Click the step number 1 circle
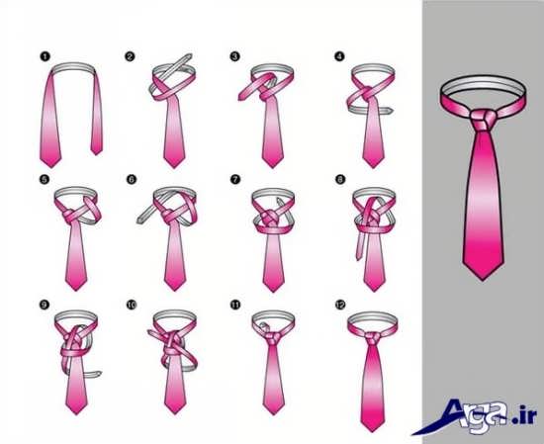point(45,56)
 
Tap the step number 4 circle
point(339,56)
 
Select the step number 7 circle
point(234,179)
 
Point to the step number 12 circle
point(340,305)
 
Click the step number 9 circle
point(45,305)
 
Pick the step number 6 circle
point(132,179)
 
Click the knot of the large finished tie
point(483,119)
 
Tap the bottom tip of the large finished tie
point(483,280)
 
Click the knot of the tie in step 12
point(372,337)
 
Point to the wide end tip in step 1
point(50,166)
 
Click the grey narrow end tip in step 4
point(391,111)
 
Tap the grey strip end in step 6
point(139,220)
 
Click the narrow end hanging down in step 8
point(360,245)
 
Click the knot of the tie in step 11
point(273,337)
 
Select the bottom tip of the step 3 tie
point(272,167)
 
